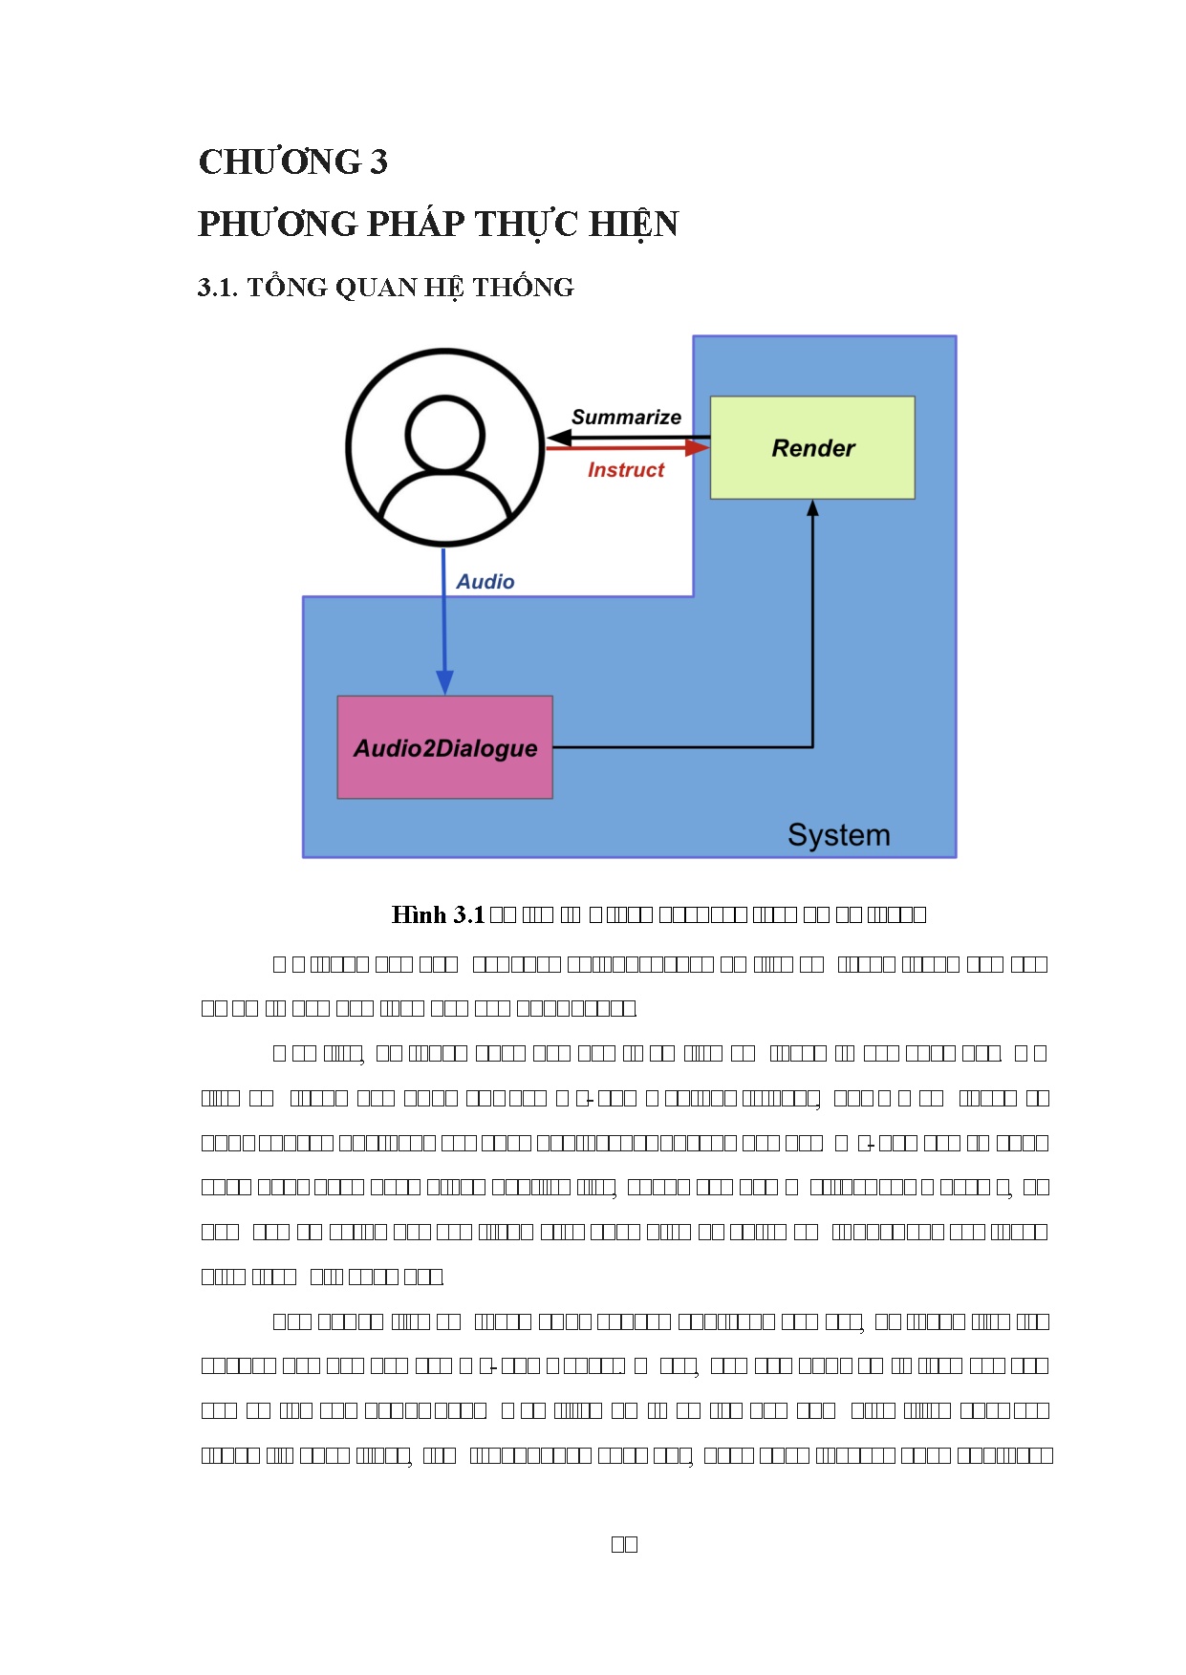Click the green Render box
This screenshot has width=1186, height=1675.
coord(812,447)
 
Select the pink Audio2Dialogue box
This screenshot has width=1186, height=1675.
coord(444,747)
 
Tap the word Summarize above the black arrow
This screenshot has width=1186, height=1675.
coord(626,417)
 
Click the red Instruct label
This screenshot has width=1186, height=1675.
coord(625,470)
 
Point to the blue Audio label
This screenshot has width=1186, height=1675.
coord(485,582)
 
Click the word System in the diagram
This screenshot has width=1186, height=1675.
coord(838,835)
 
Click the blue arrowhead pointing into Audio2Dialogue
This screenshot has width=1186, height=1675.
coord(444,682)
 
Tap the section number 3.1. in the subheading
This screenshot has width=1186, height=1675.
coord(217,288)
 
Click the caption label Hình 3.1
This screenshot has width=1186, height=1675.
coord(438,915)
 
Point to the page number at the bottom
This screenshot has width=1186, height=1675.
coord(624,1544)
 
